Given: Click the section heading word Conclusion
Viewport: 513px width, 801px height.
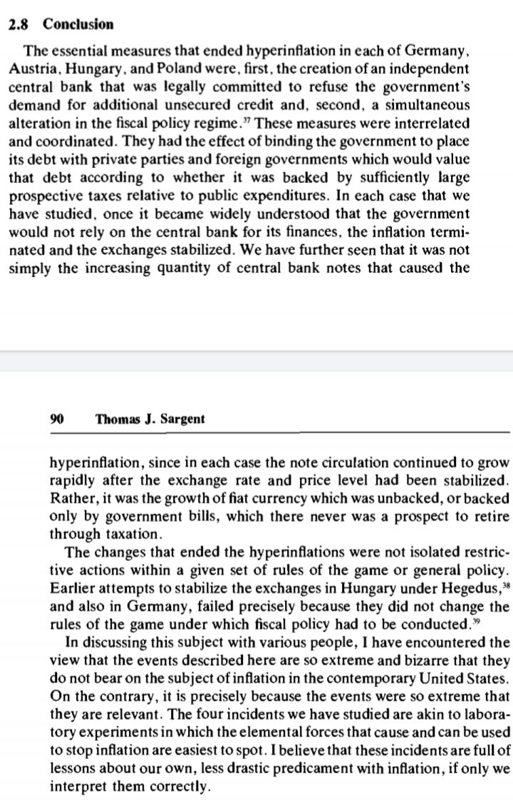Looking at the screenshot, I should pyautogui.click(x=78, y=24).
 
